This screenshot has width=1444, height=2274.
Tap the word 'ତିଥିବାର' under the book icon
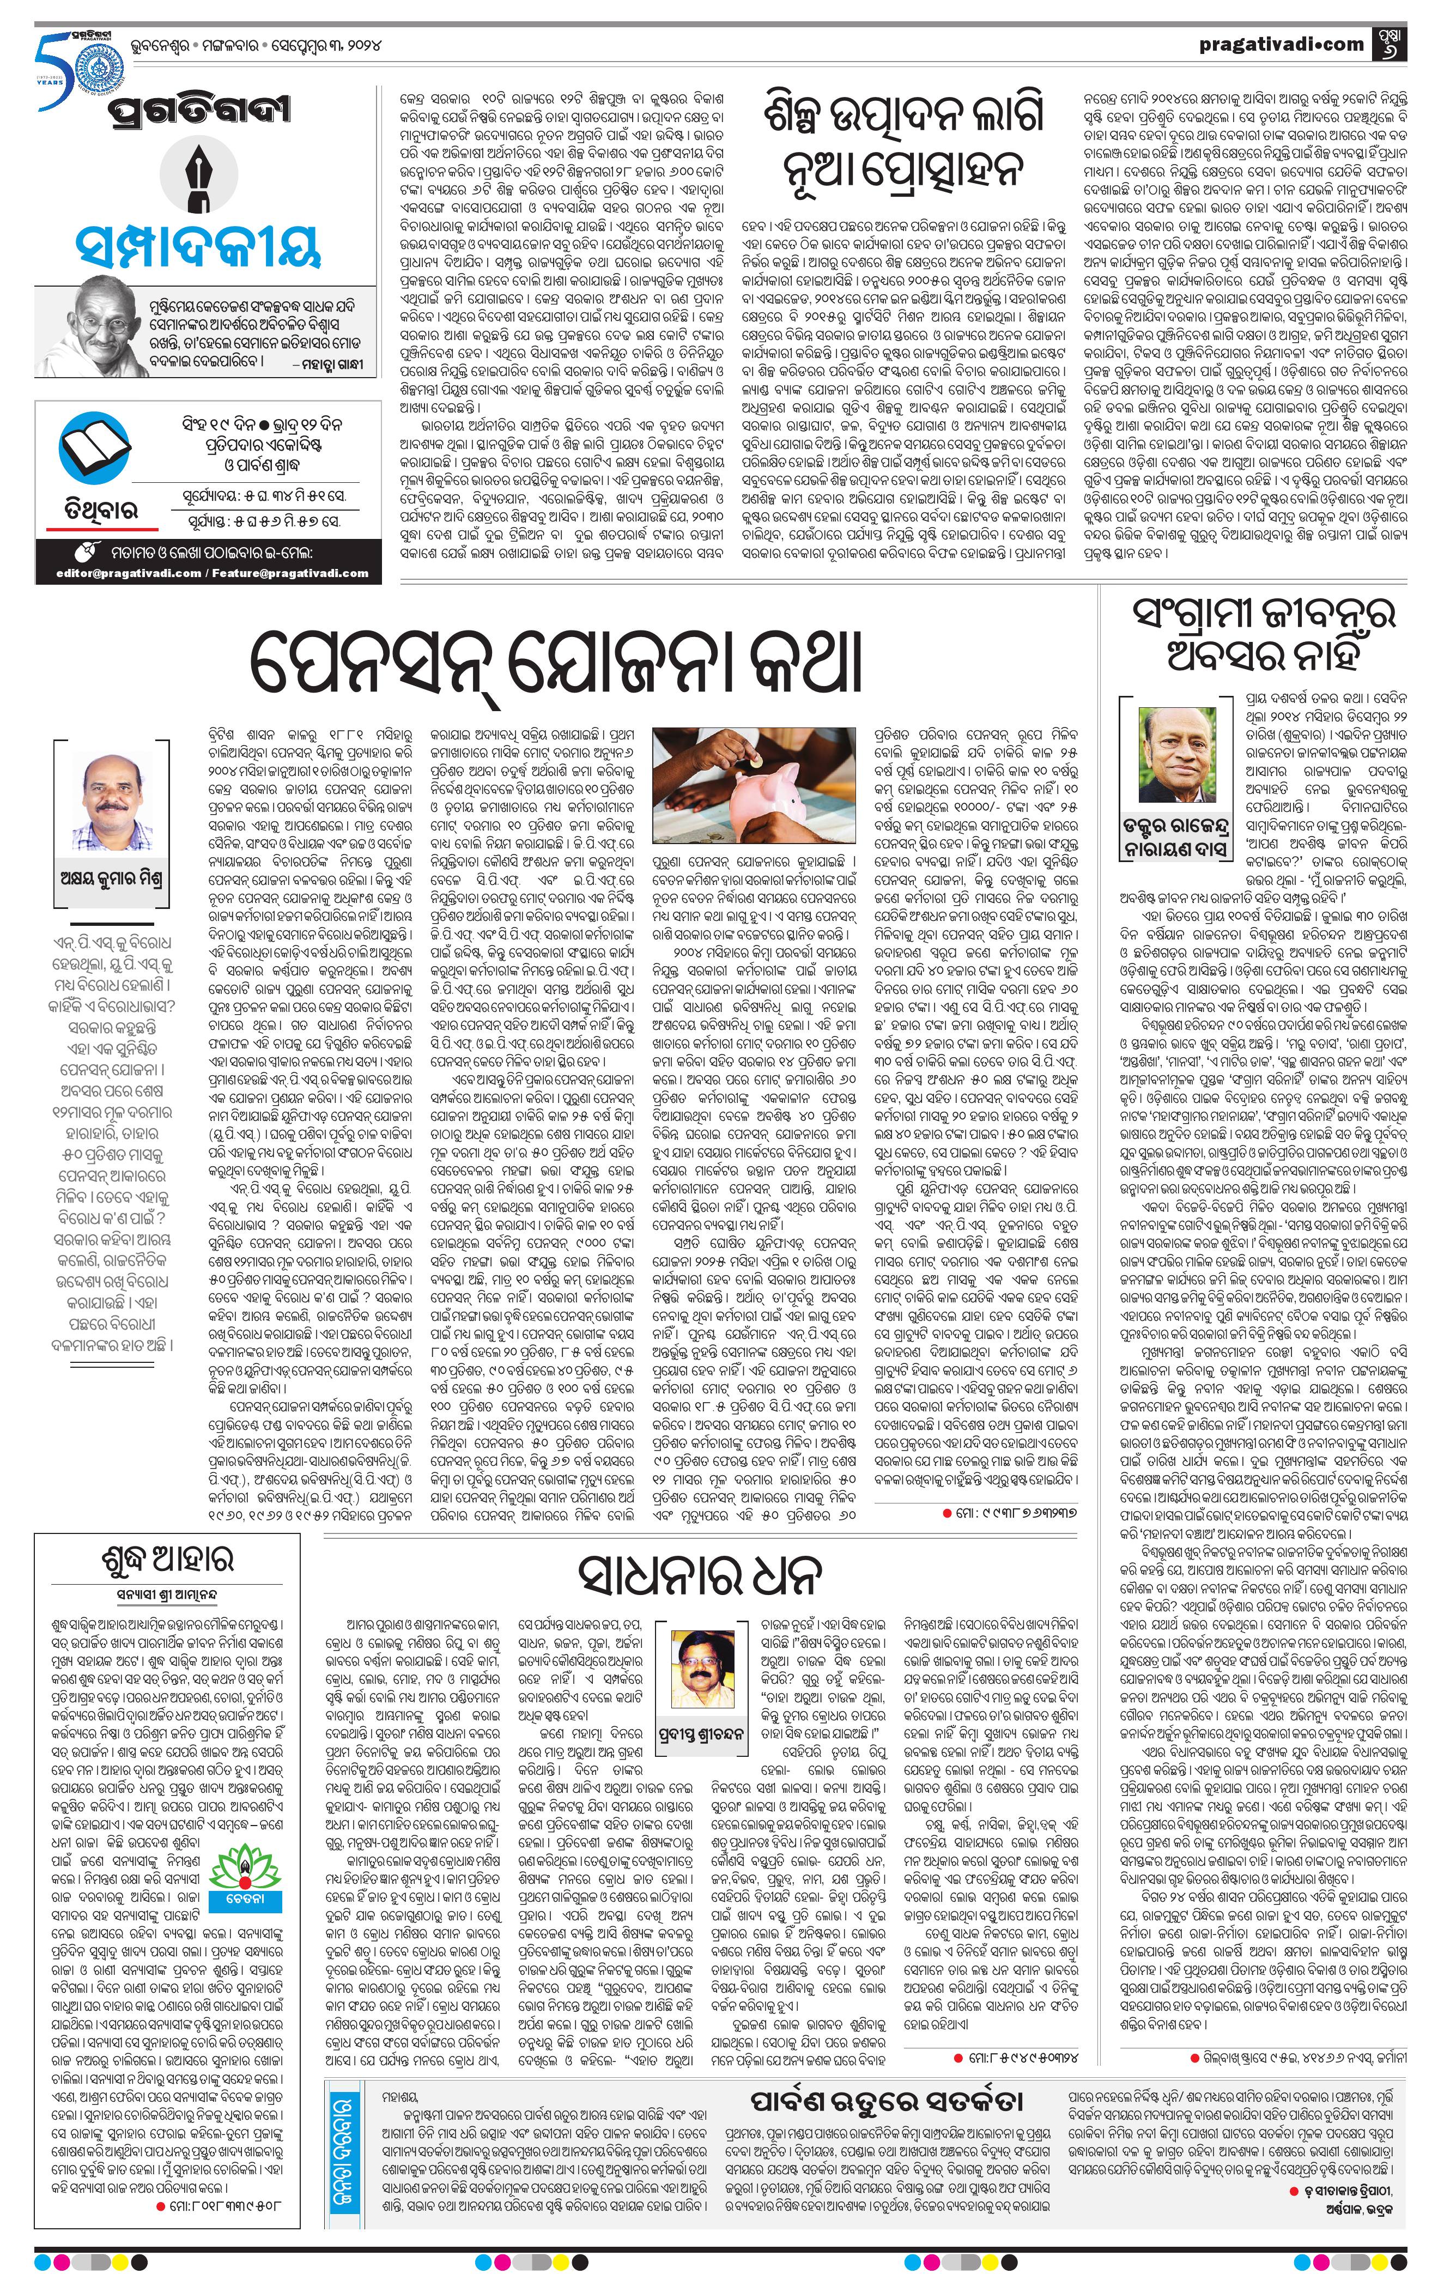pyautogui.click(x=93, y=511)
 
